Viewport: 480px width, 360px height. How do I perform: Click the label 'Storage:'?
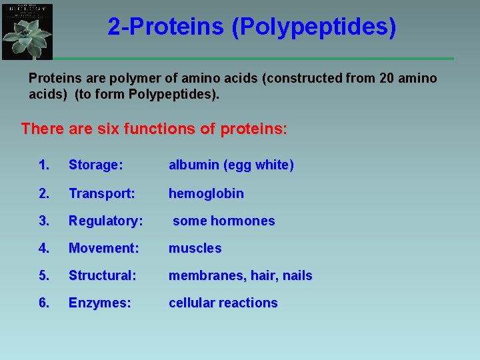[95, 165]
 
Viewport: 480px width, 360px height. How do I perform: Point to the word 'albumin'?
[193, 165]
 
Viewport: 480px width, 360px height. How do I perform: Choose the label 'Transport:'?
[101, 193]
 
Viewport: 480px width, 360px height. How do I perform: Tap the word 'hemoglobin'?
[206, 193]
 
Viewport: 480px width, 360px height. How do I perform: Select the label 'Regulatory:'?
[105, 221]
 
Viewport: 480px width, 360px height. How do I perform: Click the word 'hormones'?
[243, 221]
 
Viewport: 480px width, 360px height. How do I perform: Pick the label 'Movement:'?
[103, 248]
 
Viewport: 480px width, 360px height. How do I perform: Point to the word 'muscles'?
[195, 248]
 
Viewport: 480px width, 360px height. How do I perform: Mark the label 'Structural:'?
[102, 275]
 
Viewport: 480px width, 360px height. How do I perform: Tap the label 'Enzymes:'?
[99, 303]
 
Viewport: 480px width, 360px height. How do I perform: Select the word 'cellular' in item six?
[192, 303]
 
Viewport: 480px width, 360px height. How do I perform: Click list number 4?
[43, 248]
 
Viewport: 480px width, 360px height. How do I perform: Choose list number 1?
[43, 165]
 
